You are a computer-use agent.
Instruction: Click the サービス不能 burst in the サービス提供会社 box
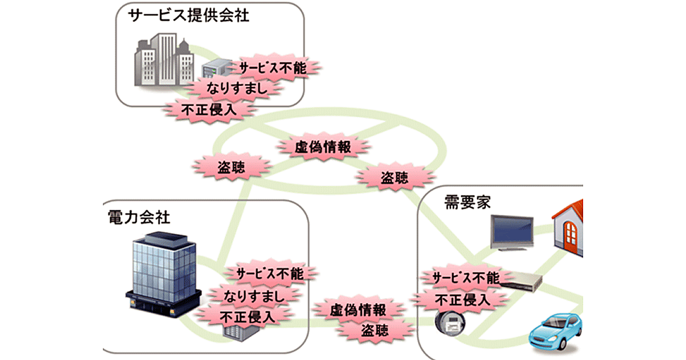(273, 68)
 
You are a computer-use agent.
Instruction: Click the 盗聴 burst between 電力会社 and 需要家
(375, 330)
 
